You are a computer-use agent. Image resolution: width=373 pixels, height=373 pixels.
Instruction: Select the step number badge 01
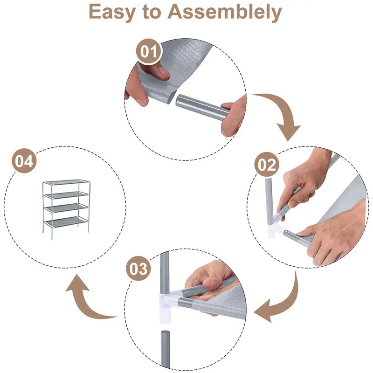149,51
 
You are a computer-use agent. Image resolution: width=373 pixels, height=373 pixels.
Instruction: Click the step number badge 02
267,165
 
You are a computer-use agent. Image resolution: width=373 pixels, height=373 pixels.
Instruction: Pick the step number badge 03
138,269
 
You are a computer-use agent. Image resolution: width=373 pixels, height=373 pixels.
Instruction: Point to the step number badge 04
24,161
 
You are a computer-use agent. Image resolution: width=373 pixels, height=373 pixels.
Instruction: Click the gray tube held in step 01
203,107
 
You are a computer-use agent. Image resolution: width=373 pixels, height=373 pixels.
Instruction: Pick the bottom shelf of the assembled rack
66,222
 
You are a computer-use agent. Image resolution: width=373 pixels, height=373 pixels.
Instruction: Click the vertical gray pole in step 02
269,201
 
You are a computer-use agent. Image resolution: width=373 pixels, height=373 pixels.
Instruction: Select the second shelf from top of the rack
67,195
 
